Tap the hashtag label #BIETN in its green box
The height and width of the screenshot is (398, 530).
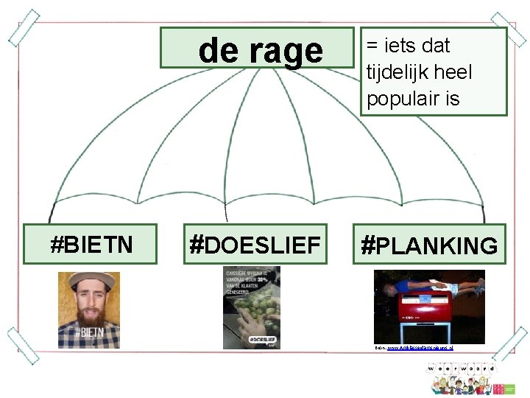(x=91, y=244)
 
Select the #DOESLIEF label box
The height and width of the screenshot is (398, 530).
(x=255, y=244)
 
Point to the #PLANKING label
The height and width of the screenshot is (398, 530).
(x=429, y=245)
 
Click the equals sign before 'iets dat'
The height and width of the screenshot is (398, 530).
(x=372, y=46)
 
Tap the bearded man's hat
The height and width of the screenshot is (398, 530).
(x=88, y=279)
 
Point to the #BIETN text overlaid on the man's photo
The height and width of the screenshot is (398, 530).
(x=89, y=333)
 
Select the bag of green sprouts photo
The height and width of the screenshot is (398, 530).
(x=252, y=307)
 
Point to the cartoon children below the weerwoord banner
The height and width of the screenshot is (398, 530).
(x=460, y=384)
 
